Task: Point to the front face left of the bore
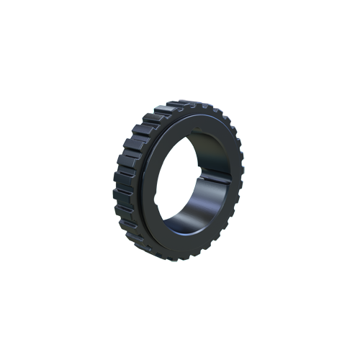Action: tap(156, 180)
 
